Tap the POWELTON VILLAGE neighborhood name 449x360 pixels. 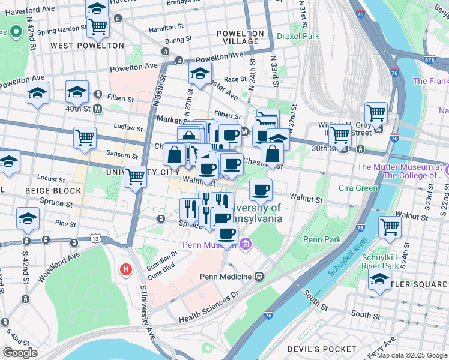(x=241, y=37)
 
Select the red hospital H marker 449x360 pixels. (x=126, y=271)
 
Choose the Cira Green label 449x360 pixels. (x=358, y=188)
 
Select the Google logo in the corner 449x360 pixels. (x=20, y=352)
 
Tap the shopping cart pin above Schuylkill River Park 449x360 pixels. (x=390, y=227)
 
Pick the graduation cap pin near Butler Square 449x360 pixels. (x=379, y=280)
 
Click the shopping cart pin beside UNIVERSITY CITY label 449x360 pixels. (x=136, y=176)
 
